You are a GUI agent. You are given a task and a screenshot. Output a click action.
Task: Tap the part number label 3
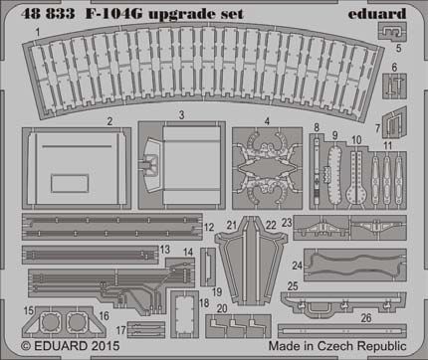[182, 116]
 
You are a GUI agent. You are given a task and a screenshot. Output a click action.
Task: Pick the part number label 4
[267, 122]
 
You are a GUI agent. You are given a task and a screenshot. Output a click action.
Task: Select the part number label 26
[365, 317]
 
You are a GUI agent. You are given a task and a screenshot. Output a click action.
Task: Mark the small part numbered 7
[389, 125]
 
